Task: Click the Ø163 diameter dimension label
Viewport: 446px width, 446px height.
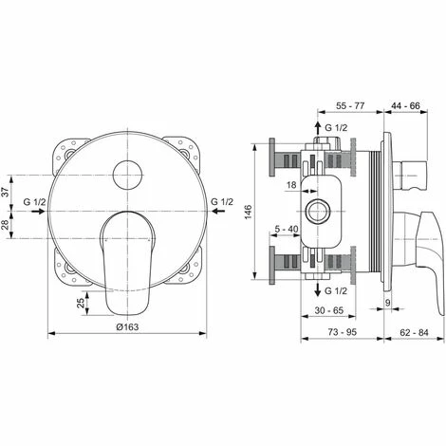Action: (x=127, y=325)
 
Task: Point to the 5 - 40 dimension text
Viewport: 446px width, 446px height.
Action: (x=287, y=229)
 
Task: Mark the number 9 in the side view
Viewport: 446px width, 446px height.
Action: (x=389, y=304)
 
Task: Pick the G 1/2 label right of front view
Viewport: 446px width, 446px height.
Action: (x=221, y=202)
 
